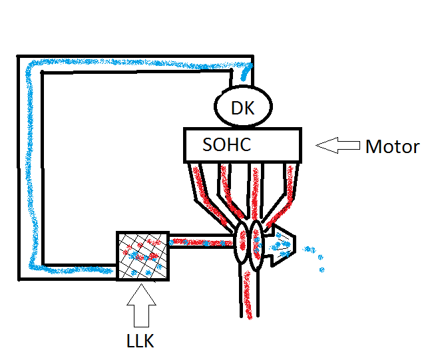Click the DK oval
[244, 107]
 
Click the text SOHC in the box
[226, 144]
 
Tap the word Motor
[392, 146]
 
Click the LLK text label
[140, 341]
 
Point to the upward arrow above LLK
[141, 305]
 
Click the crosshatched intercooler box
[142, 256]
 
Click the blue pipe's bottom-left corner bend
[30, 269]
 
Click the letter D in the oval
[236, 108]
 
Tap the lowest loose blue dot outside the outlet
[322, 270]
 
